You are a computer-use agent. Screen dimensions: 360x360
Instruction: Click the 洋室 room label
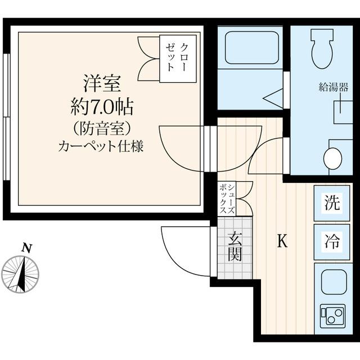(101, 84)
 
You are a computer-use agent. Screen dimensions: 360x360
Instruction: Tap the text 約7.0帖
(101, 106)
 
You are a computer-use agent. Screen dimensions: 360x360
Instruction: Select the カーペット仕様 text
(101, 147)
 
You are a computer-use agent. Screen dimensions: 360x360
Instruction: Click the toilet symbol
(323, 47)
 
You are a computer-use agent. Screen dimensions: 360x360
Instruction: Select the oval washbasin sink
(333, 158)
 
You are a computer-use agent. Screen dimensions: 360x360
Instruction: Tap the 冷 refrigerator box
(332, 242)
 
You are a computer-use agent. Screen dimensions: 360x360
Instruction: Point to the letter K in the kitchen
(283, 241)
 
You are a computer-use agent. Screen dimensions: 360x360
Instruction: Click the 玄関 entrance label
(235, 247)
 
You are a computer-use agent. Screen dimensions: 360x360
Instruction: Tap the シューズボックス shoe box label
(228, 199)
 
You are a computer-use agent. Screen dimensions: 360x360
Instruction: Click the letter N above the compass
(25, 247)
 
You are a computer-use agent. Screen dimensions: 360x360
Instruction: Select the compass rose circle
(21, 274)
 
